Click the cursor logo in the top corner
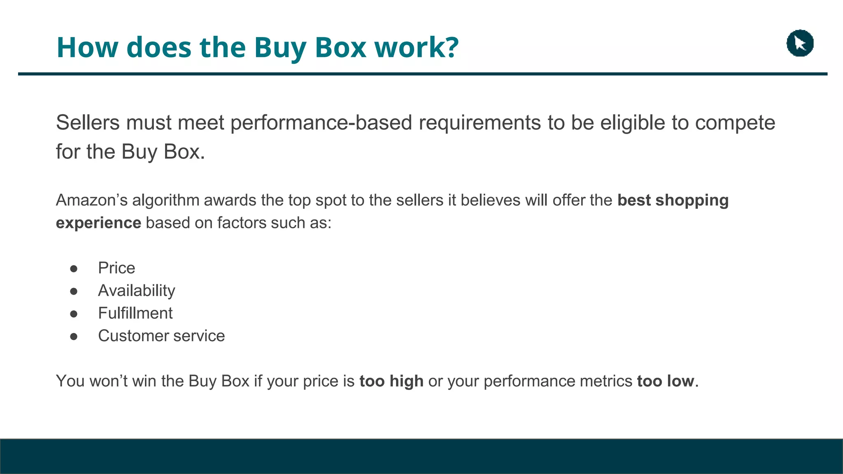coord(800,43)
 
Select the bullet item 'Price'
coord(116,268)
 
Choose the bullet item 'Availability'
coord(136,291)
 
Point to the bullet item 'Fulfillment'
coord(135,314)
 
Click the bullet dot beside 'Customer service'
coord(74,337)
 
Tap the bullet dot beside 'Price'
coord(74,269)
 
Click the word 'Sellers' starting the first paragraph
coord(88,123)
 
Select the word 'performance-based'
coord(321,123)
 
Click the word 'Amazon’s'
coord(92,200)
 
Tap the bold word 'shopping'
coord(692,200)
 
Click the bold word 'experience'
coord(98,223)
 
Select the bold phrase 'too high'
coord(391,381)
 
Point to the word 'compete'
coord(735,123)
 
